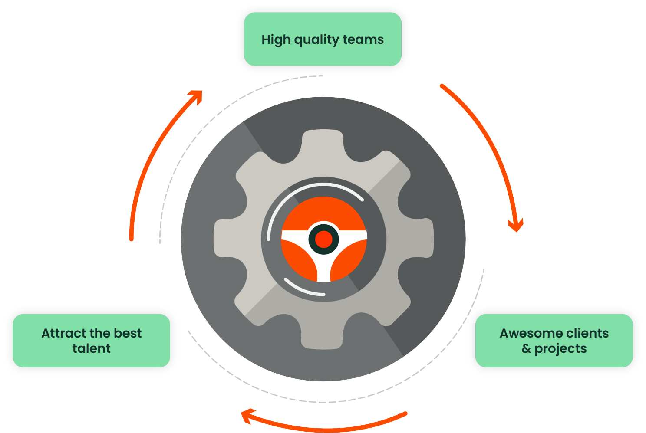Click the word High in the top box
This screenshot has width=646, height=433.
click(x=276, y=40)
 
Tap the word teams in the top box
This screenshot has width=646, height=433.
click(x=363, y=40)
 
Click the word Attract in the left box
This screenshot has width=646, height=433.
click(x=64, y=333)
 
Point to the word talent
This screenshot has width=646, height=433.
click(x=92, y=348)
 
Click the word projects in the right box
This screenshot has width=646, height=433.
click(x=560, y=349)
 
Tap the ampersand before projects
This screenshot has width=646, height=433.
click(x=526, y=348)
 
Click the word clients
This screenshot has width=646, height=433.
click(x=587, y=333)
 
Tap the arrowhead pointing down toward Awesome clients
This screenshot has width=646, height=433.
click(x=516, y=226)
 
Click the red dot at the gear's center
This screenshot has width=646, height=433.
click(x=323, y=239)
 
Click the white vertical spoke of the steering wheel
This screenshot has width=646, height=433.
click(x=324, y=269)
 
